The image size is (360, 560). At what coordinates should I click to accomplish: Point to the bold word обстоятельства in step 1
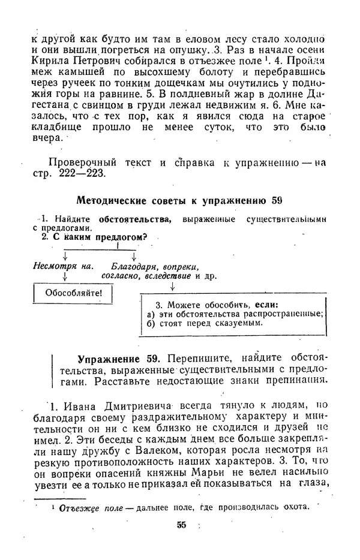pos(135,219)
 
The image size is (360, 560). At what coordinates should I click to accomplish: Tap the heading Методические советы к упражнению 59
pos(180,200)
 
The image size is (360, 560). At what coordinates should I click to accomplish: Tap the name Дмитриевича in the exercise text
pos(125,408)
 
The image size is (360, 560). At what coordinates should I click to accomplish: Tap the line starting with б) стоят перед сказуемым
pos(202,323)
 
